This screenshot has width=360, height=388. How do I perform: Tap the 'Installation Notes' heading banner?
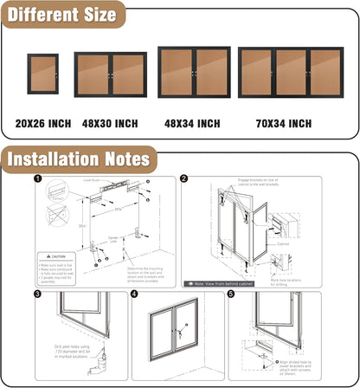(x=79, y=159)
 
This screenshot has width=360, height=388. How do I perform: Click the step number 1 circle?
(x=37, y=179)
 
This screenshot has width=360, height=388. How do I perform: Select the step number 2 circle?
(x=184, y=179)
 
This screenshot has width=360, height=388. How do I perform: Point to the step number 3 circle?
(x=37, y=294)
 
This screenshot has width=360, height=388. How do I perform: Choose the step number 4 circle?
(x=135, y=294)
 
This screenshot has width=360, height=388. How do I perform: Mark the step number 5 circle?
(x=231, y=294)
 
